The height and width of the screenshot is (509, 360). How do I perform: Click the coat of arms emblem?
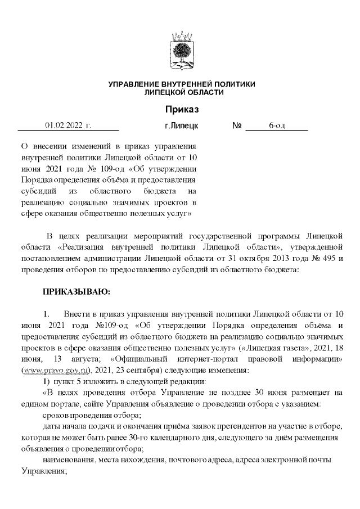pos(181,50)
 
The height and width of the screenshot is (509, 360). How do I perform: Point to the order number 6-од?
pos(277,125)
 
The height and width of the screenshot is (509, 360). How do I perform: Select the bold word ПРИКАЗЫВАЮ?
pos(74,292)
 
